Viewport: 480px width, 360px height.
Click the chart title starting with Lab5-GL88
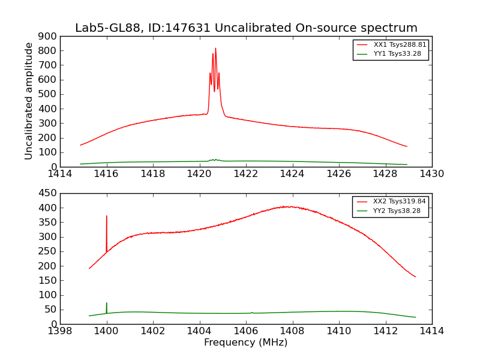click(x=246, y=28)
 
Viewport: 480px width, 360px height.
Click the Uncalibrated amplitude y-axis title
click(x=29, y=101)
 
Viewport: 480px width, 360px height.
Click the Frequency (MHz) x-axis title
click(x=245, y=343)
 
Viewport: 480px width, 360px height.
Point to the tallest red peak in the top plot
click(x=215, y=49)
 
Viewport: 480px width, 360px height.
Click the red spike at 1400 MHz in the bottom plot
click(x=107, y=217)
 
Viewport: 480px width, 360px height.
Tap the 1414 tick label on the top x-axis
click(x=61, y=174)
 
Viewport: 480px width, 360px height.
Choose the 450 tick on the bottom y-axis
click(x=49, y=193)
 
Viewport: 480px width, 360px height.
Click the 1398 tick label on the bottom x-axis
click(x=61, y=331)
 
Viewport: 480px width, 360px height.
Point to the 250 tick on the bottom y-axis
click(x=49, y=251)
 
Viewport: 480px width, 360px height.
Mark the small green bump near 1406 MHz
click(x=252, y=312)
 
